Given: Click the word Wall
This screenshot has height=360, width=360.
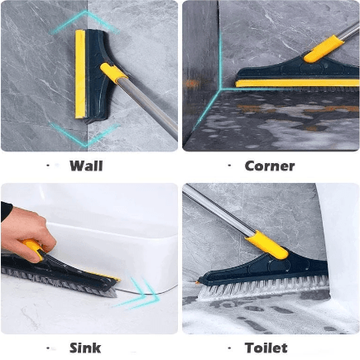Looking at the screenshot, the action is pos(86,166).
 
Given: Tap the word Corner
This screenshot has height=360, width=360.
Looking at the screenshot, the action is pos(270,166).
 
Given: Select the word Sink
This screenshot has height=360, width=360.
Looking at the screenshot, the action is pos(85,348).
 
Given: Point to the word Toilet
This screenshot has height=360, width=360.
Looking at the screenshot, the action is pos(266,348).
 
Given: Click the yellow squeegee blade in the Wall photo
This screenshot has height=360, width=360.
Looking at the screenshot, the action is pos(80,74).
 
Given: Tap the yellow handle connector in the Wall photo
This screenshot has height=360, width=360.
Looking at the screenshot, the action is pos(113,72).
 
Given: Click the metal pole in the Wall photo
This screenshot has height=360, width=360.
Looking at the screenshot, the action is pos(149,108).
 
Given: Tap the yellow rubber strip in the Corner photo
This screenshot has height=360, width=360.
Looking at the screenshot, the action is pos(297,84).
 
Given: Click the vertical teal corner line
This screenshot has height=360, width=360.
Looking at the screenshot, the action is pos(221,60).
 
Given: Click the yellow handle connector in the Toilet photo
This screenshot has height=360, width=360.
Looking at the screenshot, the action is pos(267,245).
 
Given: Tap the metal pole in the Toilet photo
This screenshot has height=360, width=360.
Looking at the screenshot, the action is pos(218,210).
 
